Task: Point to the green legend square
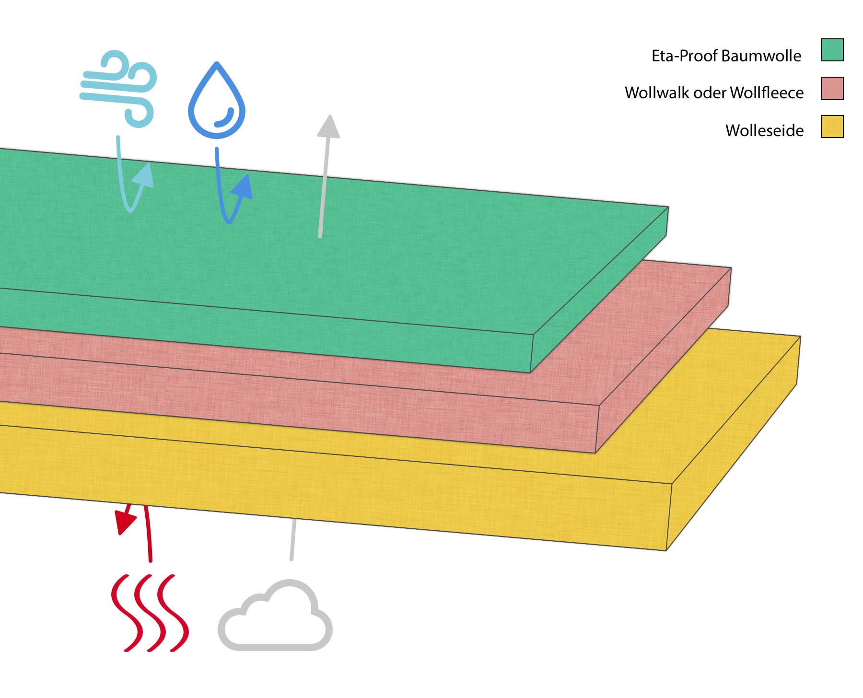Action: pyautogui.click(x=832, y=50)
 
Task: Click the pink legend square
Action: pyautogui.click(x=832, y=88)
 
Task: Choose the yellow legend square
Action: pyautogui.click(x=832, y=127)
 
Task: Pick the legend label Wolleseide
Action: pyautogui.click(x=764, y=130)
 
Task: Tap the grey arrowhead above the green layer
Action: pyautogui.click(x=328, y=127)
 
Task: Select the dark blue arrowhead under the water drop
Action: pyautogui.click(x=243, y=187)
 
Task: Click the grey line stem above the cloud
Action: pyautogui.click(x=292, y=539)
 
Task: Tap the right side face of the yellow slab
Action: pyautogui.click(x=734, y=446)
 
